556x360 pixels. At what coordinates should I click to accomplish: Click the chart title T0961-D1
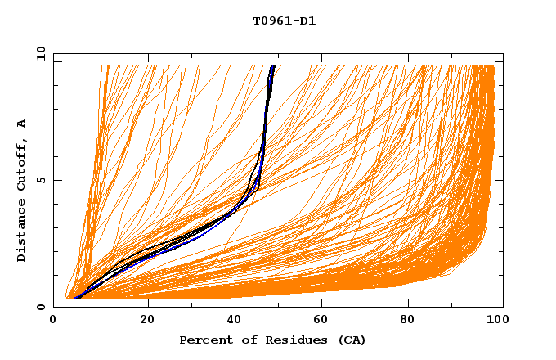pos(284,21)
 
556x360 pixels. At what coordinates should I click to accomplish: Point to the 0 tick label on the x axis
pos(54,321)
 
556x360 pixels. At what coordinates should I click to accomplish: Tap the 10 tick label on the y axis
pos(38,53)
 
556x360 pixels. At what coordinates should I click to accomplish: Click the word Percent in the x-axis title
pos(205,340)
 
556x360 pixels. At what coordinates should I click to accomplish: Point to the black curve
pos(131,255)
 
